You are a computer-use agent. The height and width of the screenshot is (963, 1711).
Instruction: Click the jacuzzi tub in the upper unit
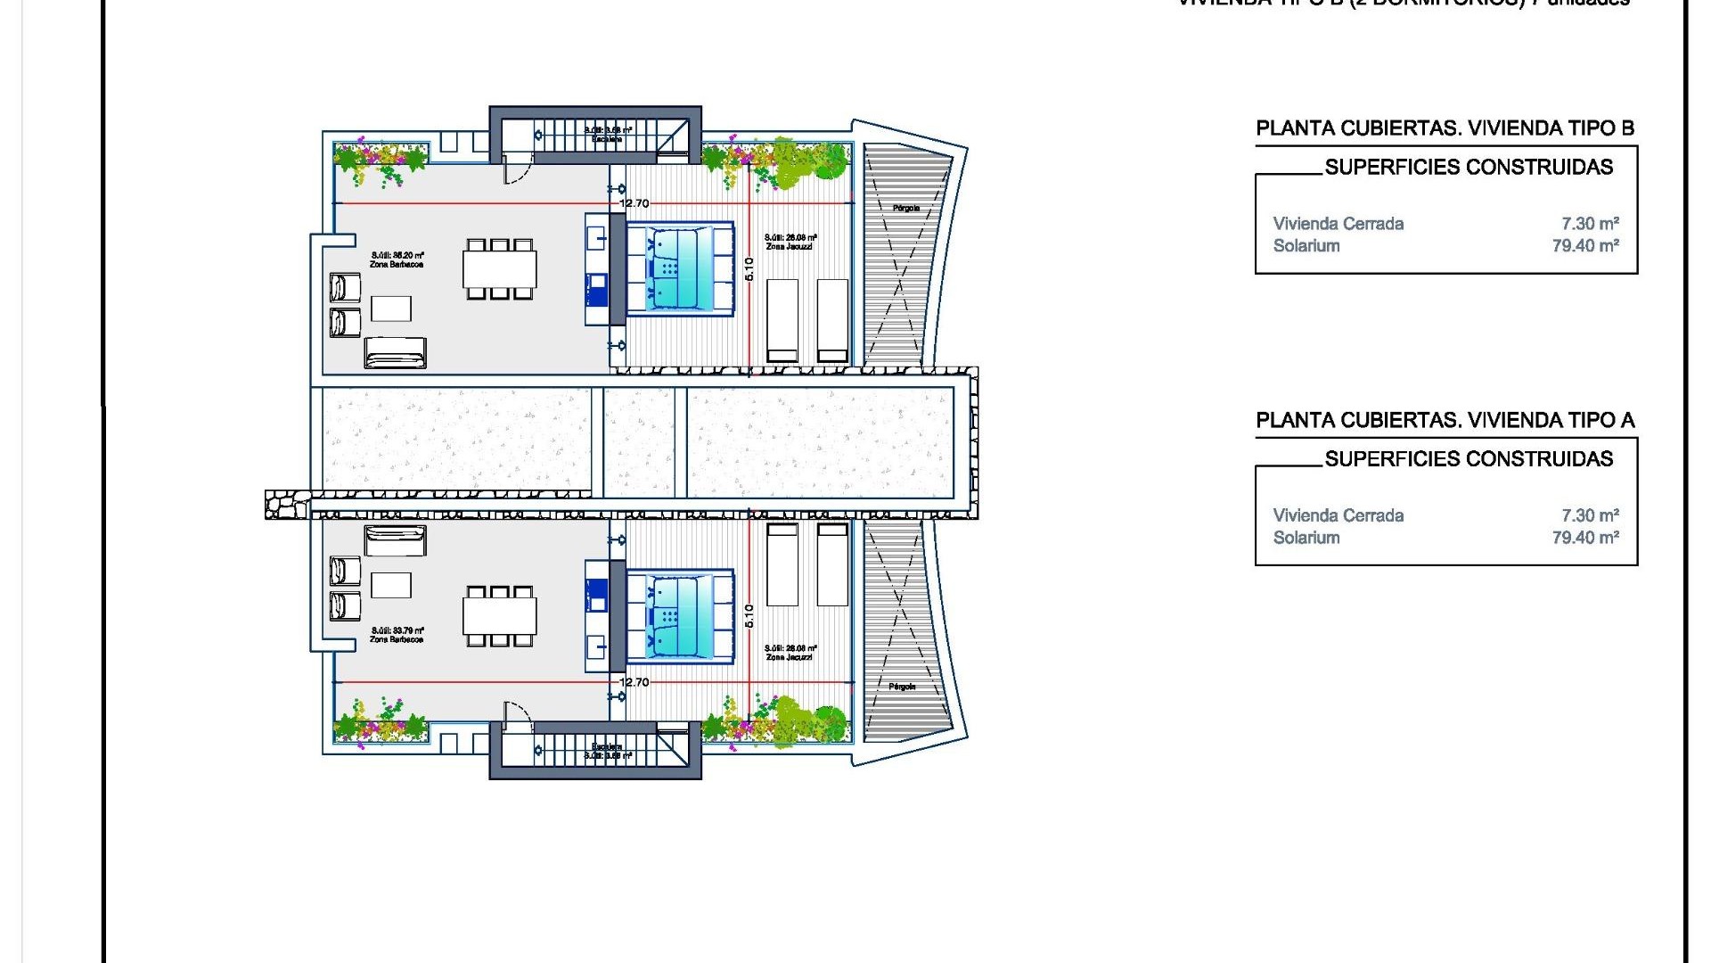679,268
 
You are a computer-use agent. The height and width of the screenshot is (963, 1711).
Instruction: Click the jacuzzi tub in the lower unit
679,615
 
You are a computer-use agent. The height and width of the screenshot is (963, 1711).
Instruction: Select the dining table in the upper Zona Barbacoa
499,268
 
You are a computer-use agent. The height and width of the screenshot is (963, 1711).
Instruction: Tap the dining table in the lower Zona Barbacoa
499,615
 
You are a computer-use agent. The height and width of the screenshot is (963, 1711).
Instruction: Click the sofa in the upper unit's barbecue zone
395,353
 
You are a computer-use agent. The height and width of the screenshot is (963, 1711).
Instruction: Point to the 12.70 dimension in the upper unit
634,204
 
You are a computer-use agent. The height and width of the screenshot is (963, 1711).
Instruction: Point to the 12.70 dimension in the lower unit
634,682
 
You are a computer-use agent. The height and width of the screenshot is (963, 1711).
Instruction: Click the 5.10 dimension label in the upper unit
749,268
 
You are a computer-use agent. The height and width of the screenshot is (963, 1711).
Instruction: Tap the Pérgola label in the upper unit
905,208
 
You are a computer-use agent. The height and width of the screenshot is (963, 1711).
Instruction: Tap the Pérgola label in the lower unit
902,687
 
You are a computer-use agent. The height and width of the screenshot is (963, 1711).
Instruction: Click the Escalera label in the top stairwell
607,139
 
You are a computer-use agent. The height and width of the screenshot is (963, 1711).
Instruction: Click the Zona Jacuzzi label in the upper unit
789,246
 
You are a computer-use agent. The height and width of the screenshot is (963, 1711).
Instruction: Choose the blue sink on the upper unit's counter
596,284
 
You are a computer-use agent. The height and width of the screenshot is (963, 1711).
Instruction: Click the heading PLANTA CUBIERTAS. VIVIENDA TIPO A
1445,421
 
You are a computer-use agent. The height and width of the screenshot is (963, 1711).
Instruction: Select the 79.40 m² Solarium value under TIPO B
1584,246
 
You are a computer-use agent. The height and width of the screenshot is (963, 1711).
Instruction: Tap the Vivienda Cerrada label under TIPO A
1338,515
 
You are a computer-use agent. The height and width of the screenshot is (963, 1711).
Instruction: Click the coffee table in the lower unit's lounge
390,585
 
